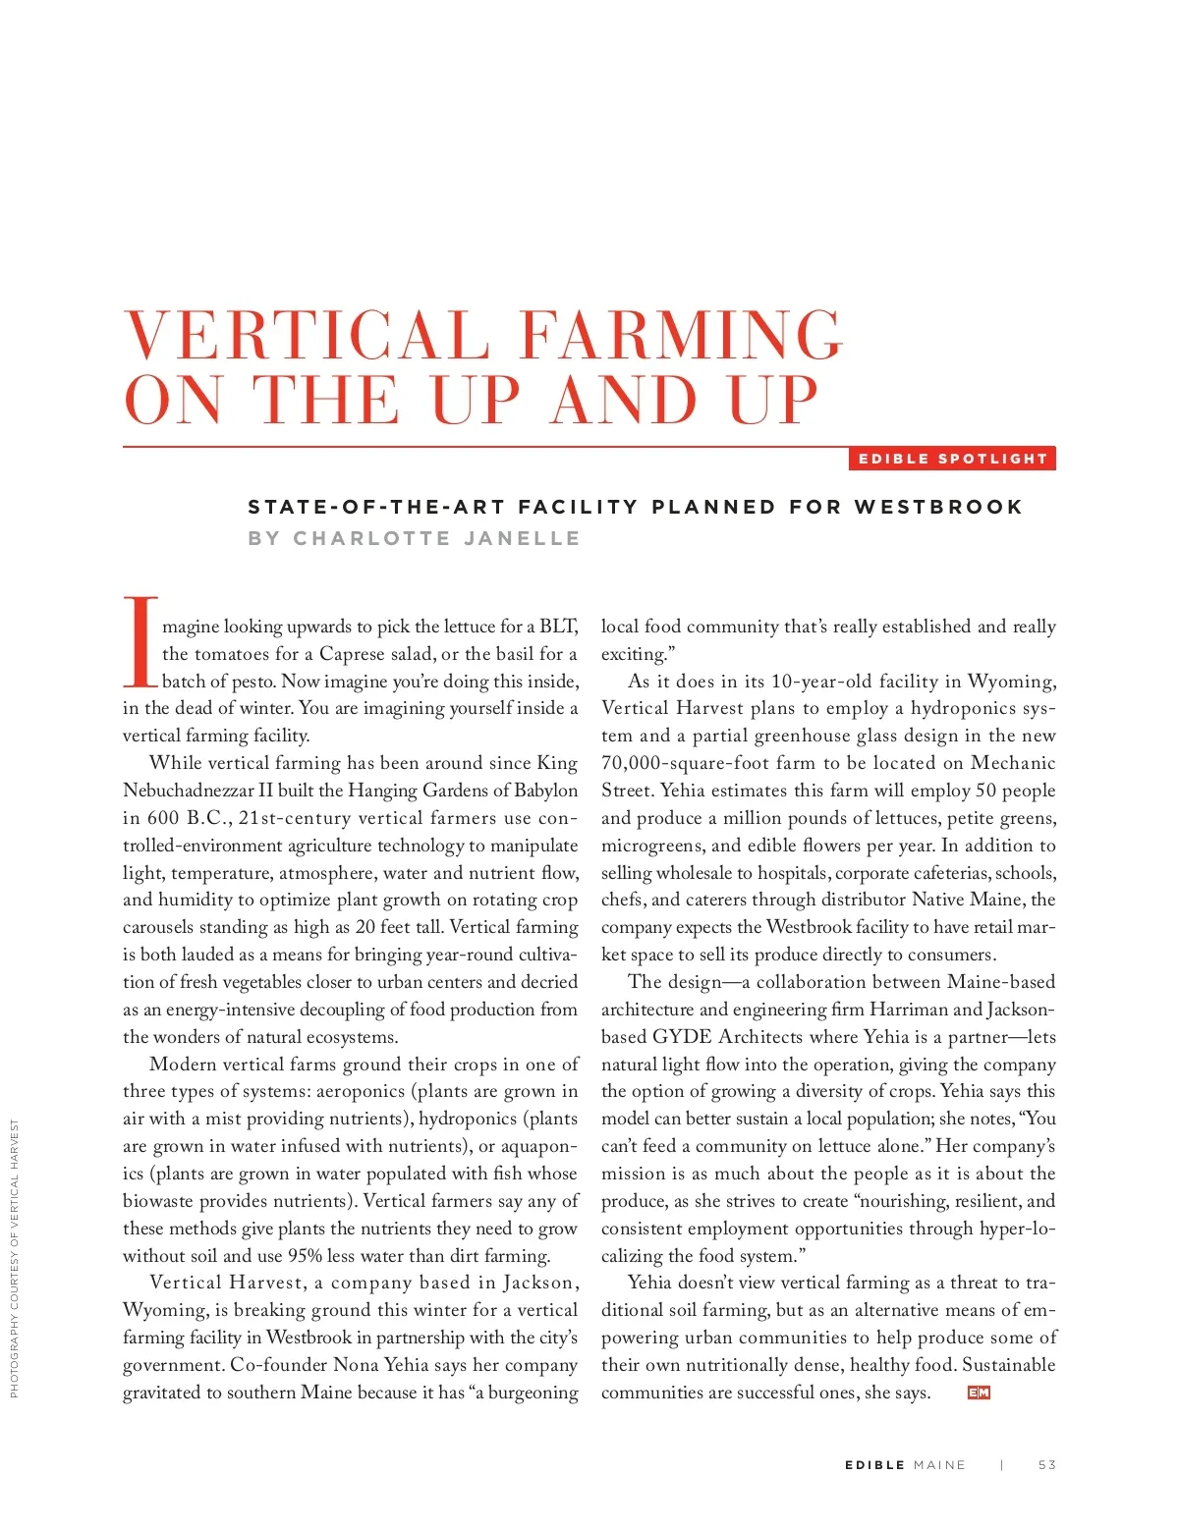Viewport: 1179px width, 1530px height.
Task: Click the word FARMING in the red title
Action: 681,335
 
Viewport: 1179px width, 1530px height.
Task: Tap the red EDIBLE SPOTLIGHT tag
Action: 952,459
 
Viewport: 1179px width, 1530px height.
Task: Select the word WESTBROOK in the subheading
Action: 938,507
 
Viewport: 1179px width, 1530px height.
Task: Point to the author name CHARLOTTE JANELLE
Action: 436,538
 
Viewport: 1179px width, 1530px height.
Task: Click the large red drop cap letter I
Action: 140,641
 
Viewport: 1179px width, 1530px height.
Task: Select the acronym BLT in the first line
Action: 557,627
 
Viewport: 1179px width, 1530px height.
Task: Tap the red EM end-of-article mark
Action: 979,1393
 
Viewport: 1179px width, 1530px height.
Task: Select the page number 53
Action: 1046,1465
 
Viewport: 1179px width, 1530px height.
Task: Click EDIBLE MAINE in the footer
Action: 905,1465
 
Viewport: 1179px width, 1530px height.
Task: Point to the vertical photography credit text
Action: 15,1258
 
